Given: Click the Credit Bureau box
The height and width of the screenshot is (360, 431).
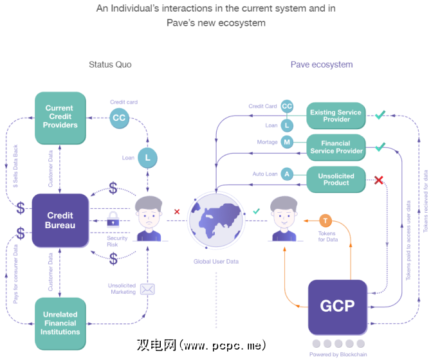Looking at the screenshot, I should pyautogui.click(x=59, y=220).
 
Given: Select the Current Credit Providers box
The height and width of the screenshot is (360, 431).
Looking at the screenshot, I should pyautogui.click(x=59, y=116).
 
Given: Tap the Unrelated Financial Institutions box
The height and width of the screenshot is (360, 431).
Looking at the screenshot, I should pyautogui.click(x=59, y=323).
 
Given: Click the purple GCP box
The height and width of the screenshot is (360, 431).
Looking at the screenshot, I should pyautogui.click(x=337, y=305).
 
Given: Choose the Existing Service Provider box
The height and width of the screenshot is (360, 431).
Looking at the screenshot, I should pyautogui.click(x=336, y=116).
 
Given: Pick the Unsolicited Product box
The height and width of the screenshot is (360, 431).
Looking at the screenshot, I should pyautogui.click(x=336, y=178).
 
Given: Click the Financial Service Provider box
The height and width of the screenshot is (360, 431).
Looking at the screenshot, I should pyautogui.click(x=336, y=147).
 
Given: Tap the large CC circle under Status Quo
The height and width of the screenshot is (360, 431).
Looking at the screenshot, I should pyautogui.click(x=119, y=118).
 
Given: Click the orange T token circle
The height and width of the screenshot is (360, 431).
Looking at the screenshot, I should pyautogui.click(x=325, y=220).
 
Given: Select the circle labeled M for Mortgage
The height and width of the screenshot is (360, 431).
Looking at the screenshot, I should pyautogui.click(x=287, y=142).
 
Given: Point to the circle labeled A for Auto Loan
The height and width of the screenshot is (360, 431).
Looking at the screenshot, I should pyautogui.click(x=287, y=174).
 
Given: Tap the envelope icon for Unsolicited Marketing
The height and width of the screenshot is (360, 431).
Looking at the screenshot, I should pyautogui.click(x=147, y=289).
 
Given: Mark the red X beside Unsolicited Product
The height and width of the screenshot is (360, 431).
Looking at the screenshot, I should pyautogui.click(x=380, y=180).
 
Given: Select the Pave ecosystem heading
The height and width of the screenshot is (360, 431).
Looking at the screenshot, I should pyautogui.click(x=322, y=64).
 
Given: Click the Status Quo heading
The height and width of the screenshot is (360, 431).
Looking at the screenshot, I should pyautogui.click(x=110, y=64).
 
